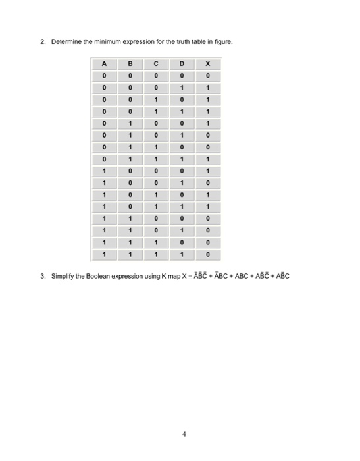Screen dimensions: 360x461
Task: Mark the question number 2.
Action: tap(42, 42)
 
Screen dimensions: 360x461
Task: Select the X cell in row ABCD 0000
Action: tap(208, 76)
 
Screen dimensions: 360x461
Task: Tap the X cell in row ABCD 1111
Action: tap(208, 252)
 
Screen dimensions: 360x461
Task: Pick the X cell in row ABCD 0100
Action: tap(208, 123)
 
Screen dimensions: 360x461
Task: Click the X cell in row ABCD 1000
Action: tap(208, 170)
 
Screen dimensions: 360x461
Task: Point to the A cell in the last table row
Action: tap(104, 252)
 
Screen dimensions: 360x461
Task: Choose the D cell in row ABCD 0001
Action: tap(182, 88)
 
